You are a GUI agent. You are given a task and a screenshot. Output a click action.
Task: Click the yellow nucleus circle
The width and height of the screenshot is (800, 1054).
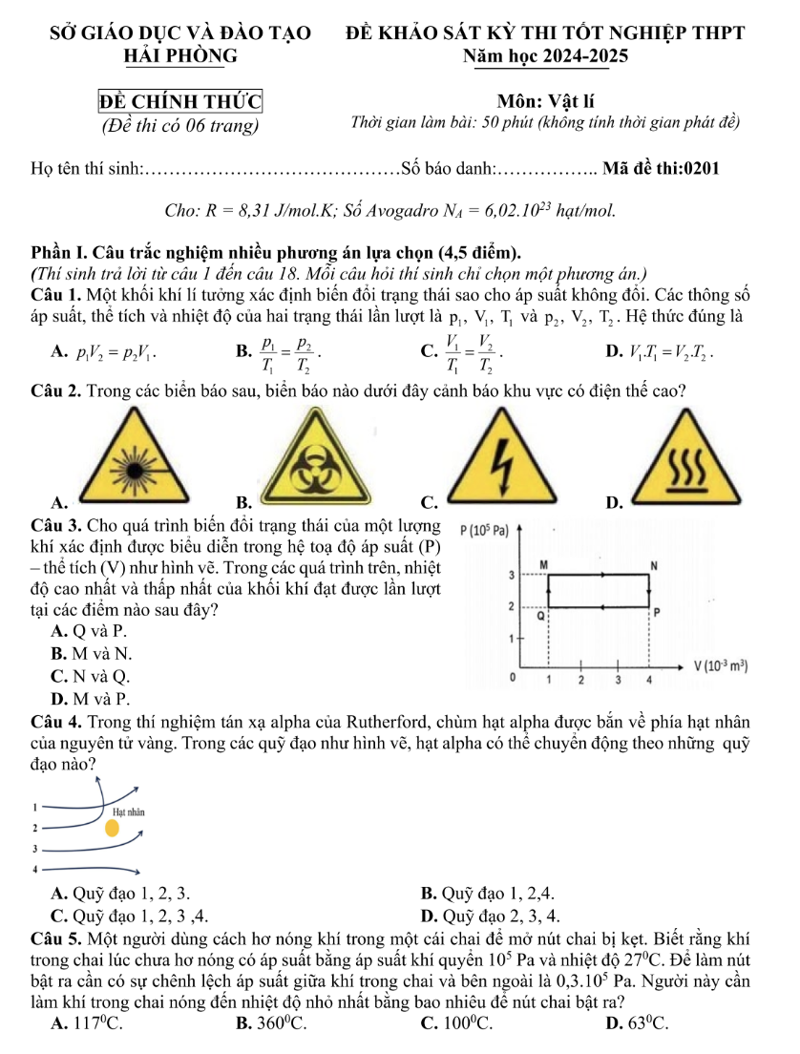coord(113,826)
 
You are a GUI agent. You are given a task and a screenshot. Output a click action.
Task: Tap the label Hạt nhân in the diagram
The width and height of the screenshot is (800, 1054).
coord(128,811)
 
